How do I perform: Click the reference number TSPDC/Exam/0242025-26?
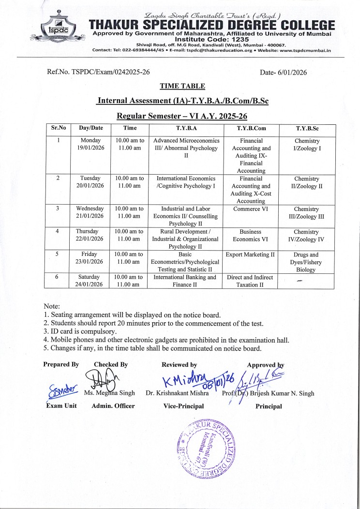[98, 72]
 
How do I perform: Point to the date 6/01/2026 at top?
[283, 72]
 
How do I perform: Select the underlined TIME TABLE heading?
[182, 86]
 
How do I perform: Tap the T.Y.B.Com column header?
[251, 128]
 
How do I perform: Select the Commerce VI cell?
[251, 209]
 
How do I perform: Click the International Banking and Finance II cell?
[186, 281]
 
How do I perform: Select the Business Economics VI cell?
[251, 236]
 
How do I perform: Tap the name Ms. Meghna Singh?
[110, 393]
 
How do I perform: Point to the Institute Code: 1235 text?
[211, 38]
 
